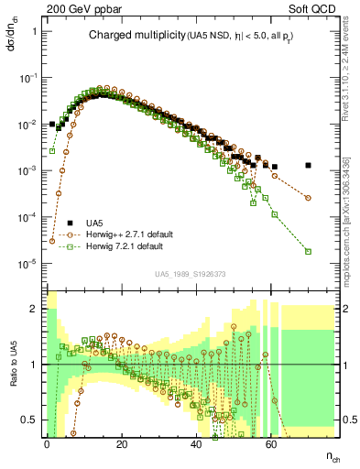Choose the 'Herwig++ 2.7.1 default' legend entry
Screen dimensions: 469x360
click(135, 234)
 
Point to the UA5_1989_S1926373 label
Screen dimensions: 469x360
click(191, 273)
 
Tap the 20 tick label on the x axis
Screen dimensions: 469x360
click(121, 443)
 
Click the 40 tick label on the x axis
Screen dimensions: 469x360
click(196, 443)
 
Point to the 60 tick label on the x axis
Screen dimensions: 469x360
click(271, 443)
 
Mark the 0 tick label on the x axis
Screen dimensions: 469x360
click(46, 443)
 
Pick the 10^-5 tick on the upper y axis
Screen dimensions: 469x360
click(28, 264)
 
